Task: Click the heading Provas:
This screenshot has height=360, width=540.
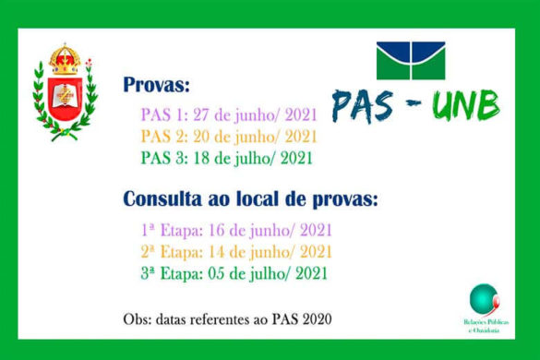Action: point(157,87)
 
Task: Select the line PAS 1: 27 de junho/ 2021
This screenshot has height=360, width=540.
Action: point(228,116)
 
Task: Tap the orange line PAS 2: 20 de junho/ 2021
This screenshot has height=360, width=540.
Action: point(228,138)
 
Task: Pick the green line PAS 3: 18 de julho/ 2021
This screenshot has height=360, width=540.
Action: point(226,158)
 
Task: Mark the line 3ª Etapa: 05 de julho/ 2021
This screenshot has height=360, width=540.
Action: point(234,273)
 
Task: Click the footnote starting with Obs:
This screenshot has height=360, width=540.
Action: point(227,319)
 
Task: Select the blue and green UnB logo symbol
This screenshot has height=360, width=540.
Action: point(410,61)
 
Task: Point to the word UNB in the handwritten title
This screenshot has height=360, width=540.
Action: point(466,107)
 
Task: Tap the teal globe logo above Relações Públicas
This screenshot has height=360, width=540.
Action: point(483,298)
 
